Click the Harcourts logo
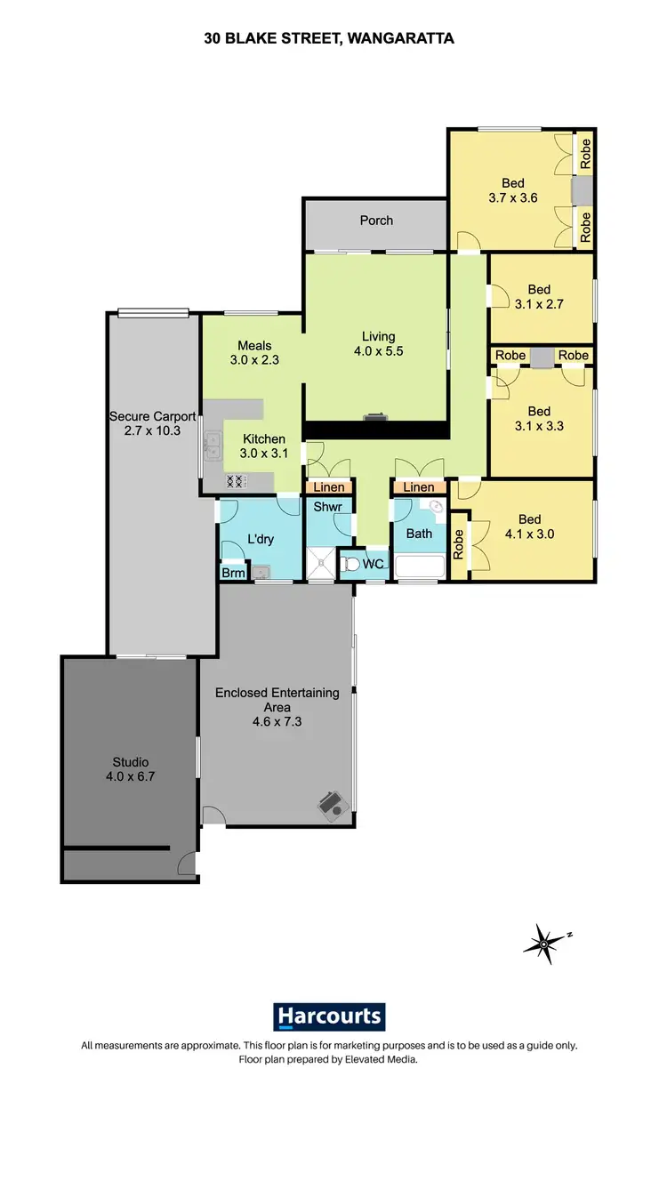(329, 1016)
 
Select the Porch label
(376, 221)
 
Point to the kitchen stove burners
(236, 480)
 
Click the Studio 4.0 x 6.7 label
(130, 769)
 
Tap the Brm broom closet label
(233, 574)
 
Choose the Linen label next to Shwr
(329, 487)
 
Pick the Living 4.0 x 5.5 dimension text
(378, 350)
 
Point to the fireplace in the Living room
(376, 416)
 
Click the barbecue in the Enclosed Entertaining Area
(332, 803)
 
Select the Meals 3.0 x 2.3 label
(254, 353)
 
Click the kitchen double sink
(213, 443)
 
